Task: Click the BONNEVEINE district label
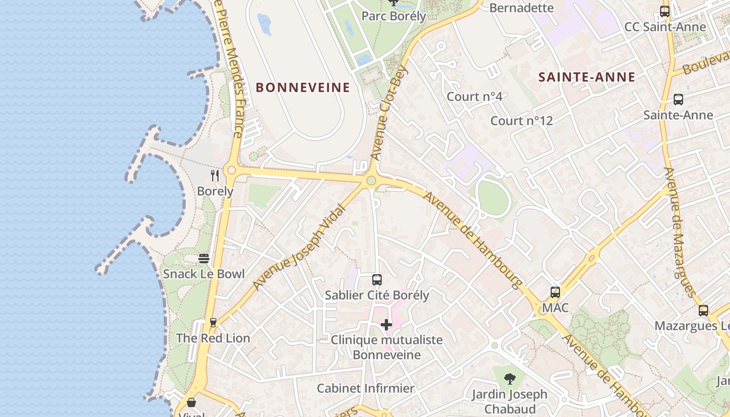point(302,88)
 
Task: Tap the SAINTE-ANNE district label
point(587,77)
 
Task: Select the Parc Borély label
point(394,16)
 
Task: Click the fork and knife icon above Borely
point(214,175)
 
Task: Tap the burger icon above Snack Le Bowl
point(204,258)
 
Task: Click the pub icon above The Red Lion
point(213,323)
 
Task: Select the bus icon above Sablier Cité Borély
point(377,280)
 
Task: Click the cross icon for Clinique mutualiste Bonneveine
point(386,325)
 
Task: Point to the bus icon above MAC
point(555,292)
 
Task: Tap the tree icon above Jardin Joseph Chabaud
point(510,379)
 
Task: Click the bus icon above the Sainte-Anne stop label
point(678,100)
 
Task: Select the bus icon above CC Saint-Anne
point(665,11)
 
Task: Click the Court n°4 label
point(475,96)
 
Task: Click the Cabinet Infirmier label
point(366,388)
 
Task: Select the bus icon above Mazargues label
point(703,311)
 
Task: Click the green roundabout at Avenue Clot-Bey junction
point(371,180)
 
